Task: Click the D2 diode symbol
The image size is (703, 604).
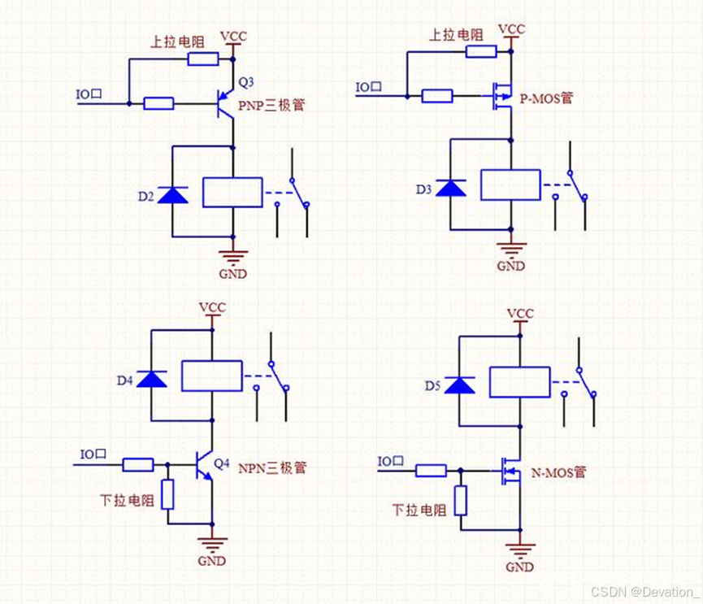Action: click(x=172, y=194)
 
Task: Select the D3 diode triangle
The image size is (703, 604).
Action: click(x=451, y=189)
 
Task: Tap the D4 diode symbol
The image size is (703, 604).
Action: click(x=152, y=378)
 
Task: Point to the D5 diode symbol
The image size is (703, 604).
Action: click(x=460, y=385)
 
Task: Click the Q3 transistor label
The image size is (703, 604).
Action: click(x=245, y=81)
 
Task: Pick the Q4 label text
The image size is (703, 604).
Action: click(x=222, y=463)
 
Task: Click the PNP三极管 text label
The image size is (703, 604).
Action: click(x=271, y=106)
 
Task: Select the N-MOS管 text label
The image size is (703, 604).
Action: click(x=558, y=471)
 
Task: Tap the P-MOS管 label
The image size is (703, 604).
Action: click(x=546, y=98)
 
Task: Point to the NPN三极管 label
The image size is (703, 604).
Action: click(x=272, y=468)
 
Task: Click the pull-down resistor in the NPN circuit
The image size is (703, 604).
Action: click(x=167, y=494)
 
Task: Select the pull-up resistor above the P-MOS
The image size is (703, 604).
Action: click(x=481, y=52)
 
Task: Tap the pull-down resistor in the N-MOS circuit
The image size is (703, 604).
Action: click(x=461, y=500)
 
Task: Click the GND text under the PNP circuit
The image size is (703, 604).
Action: click(x=232, y=274)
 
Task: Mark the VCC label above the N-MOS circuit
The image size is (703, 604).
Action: click(x=520, y=313)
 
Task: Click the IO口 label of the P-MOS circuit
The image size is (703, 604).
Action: click(x=369, y=87)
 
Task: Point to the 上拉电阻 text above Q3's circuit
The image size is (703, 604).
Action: click(x=177, y=41)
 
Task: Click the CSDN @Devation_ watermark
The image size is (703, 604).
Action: click(x=644, y=591)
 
